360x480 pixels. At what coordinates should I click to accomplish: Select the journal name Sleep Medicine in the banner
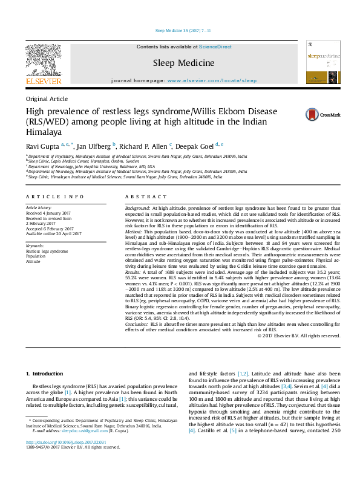[183, 63]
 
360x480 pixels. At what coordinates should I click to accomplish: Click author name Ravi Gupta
[42, 146]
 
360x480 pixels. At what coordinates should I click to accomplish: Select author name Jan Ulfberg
[93, 146]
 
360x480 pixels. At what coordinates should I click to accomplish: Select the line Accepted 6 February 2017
[54, 229]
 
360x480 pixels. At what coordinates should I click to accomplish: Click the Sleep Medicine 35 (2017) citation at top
[180, 29]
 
